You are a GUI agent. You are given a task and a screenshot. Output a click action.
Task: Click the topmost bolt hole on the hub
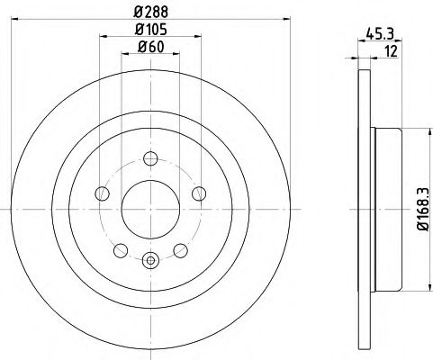[x=149, y=162]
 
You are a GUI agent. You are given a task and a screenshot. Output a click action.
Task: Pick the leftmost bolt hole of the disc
[x=101, y=192]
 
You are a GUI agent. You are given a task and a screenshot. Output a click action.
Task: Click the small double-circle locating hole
[x=149, y=262]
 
